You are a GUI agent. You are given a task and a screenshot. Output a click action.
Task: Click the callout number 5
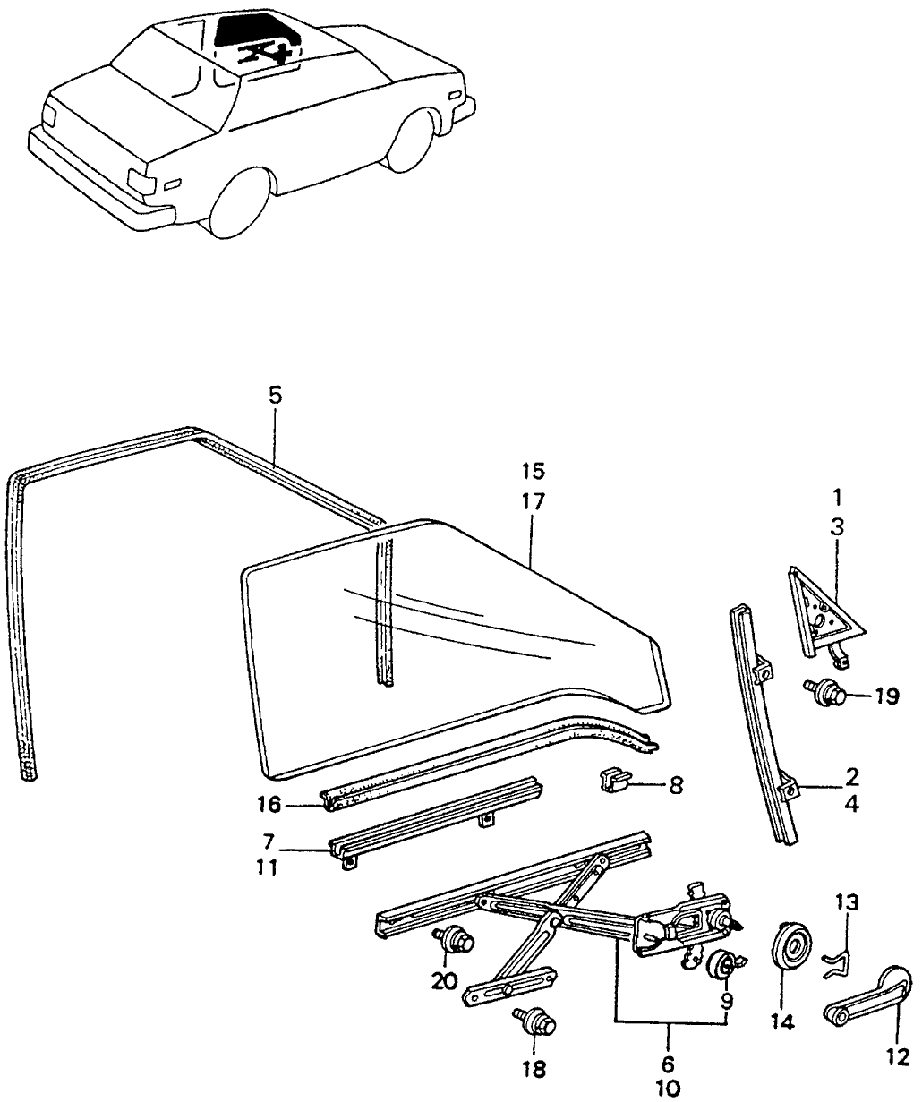pos(275,395)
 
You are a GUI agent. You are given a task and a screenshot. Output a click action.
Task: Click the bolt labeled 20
pos(457,940)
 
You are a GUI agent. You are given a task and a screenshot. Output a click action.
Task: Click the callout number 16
pos(269,805)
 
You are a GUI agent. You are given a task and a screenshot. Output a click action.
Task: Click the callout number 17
pos(532,501)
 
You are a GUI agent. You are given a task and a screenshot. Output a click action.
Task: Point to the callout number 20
pos(444,981)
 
